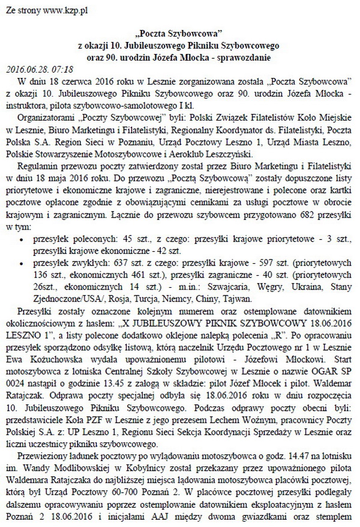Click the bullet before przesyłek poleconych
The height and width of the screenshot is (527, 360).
click(23, 240)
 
